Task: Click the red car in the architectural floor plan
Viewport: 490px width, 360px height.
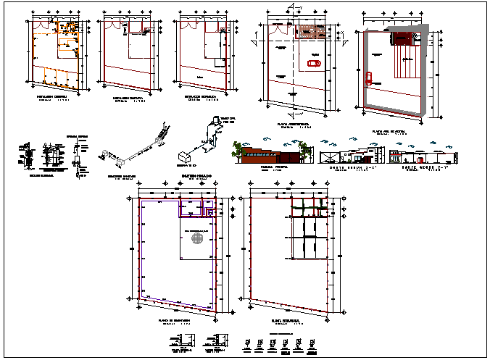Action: click(x=314, y=64)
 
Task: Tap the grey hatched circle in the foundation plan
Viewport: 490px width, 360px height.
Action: click(x=195, y=238)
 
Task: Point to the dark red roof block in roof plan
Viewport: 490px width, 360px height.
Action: click(x=399, y=40)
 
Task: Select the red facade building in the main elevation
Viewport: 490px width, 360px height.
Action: click(x=265, y=155)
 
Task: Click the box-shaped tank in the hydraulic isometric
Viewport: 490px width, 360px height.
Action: click(x=184, y=156)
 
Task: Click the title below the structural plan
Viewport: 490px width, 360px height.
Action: click(x=287, y=320)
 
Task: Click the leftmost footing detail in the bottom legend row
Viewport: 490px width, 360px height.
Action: click(x=249, y=343)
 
